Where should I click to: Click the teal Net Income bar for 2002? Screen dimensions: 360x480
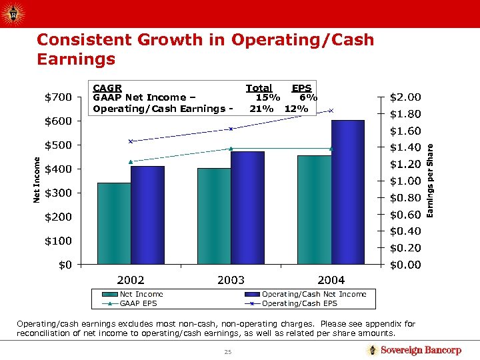point(114,223)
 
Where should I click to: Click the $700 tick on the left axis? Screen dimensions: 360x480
point(58,97)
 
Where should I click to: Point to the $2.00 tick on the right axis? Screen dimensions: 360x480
point(405,97)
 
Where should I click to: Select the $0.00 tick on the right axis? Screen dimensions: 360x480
point(405,265)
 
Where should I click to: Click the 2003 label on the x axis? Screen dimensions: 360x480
point(231,280)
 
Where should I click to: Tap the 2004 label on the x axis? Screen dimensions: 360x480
point(331,280)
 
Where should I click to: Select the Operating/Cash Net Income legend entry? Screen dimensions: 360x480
point(314,294)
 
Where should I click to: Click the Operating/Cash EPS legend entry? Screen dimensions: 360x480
point(299,303)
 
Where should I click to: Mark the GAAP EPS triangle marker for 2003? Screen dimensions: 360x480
point(231,148)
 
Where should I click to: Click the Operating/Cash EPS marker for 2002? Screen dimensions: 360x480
point(131,141)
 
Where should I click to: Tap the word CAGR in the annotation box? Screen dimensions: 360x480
point(107,87)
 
